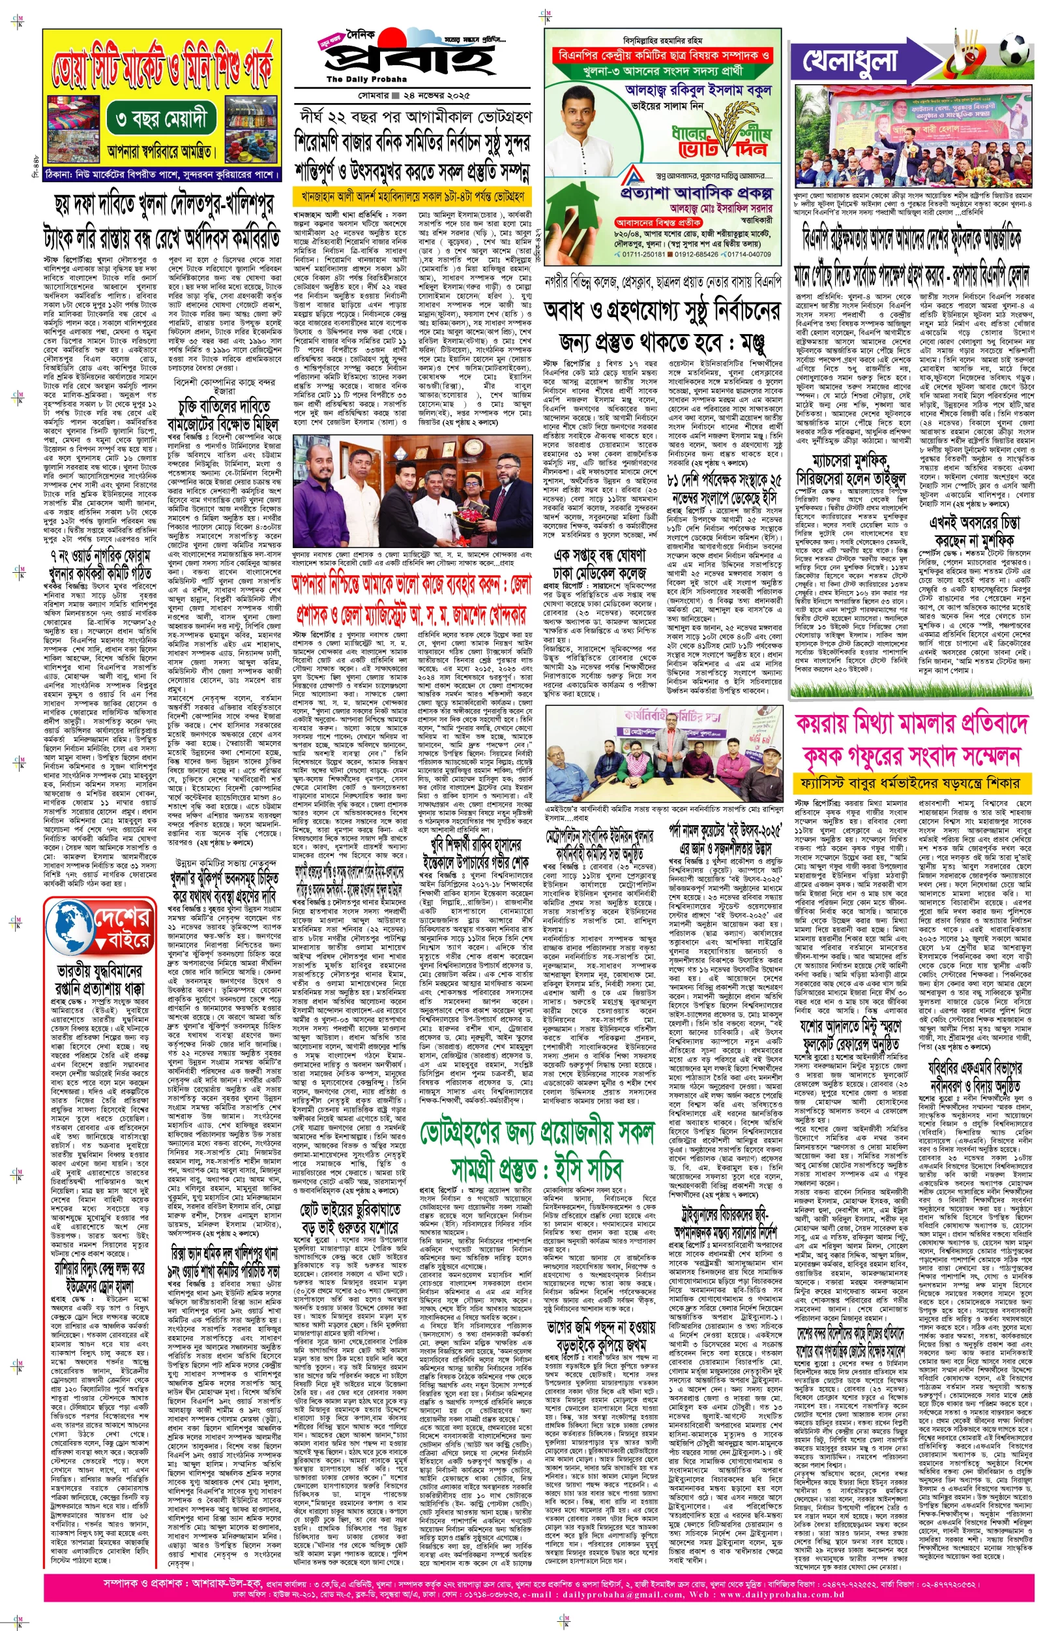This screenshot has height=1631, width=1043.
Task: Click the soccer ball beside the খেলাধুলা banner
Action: (x=1012, y=49)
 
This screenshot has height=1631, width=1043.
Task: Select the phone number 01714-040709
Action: (x=748, y=254)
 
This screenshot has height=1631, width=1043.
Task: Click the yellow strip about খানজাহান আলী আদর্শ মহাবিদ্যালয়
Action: (x=413, y=197)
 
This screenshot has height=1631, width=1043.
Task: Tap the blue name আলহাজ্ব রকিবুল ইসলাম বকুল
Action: (x=698, y=90)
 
